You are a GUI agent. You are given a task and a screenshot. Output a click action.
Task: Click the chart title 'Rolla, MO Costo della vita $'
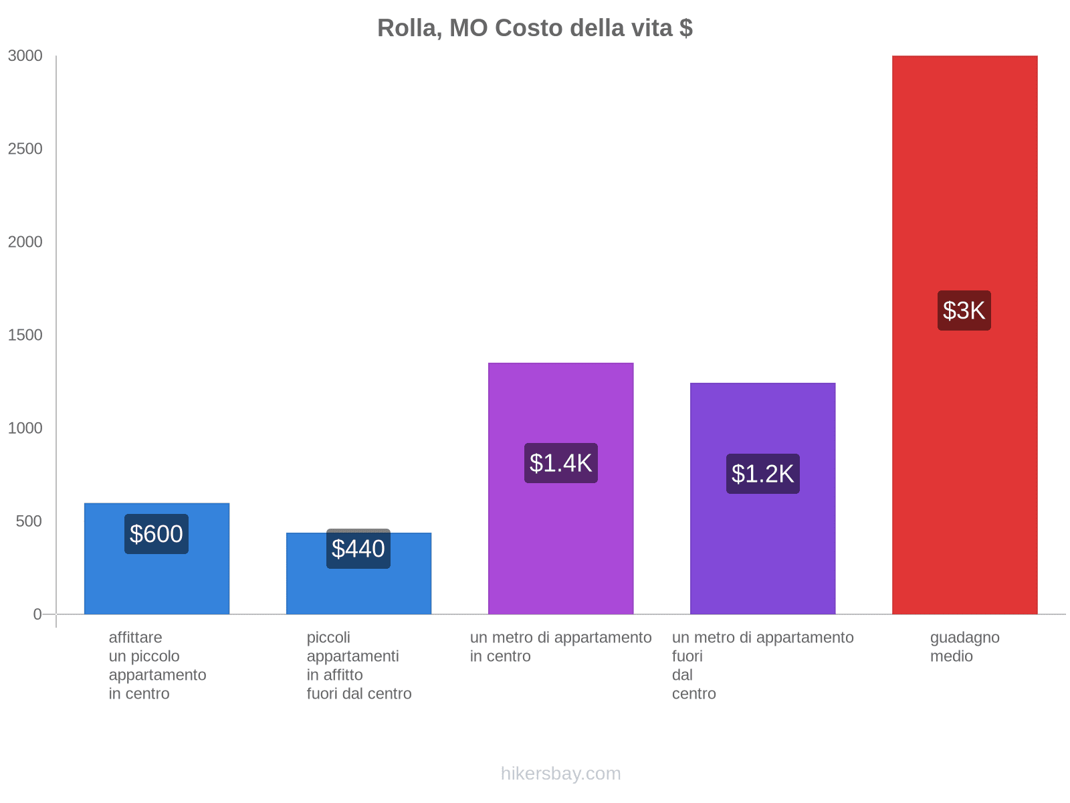534,28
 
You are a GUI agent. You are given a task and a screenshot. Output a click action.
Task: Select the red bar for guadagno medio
964,435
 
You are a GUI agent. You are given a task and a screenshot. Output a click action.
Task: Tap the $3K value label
964,310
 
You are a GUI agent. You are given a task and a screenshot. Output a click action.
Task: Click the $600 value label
156,534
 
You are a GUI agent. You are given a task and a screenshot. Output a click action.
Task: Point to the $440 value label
358,549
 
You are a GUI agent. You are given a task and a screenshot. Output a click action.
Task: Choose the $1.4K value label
560,463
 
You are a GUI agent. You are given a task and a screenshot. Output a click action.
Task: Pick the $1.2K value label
762,474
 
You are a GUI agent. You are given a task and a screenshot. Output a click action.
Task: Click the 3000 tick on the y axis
25,56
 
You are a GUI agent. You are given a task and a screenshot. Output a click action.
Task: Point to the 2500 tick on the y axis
25,149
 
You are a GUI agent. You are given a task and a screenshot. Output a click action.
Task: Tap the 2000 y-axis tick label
25,242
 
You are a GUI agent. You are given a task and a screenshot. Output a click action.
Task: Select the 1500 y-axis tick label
25,335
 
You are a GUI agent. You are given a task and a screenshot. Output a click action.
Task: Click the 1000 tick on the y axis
25,428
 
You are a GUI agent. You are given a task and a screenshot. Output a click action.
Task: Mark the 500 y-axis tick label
29,521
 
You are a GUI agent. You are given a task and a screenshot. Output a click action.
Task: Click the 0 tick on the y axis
37,614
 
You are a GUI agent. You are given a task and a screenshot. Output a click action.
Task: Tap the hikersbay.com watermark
560,774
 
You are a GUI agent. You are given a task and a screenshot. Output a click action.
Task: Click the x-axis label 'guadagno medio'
964,647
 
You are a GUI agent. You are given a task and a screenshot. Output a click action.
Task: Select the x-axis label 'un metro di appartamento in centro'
560,647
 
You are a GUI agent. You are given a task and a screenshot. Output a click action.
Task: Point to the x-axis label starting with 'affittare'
157,665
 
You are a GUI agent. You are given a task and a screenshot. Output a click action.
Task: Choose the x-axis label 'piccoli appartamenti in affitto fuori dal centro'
359,665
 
